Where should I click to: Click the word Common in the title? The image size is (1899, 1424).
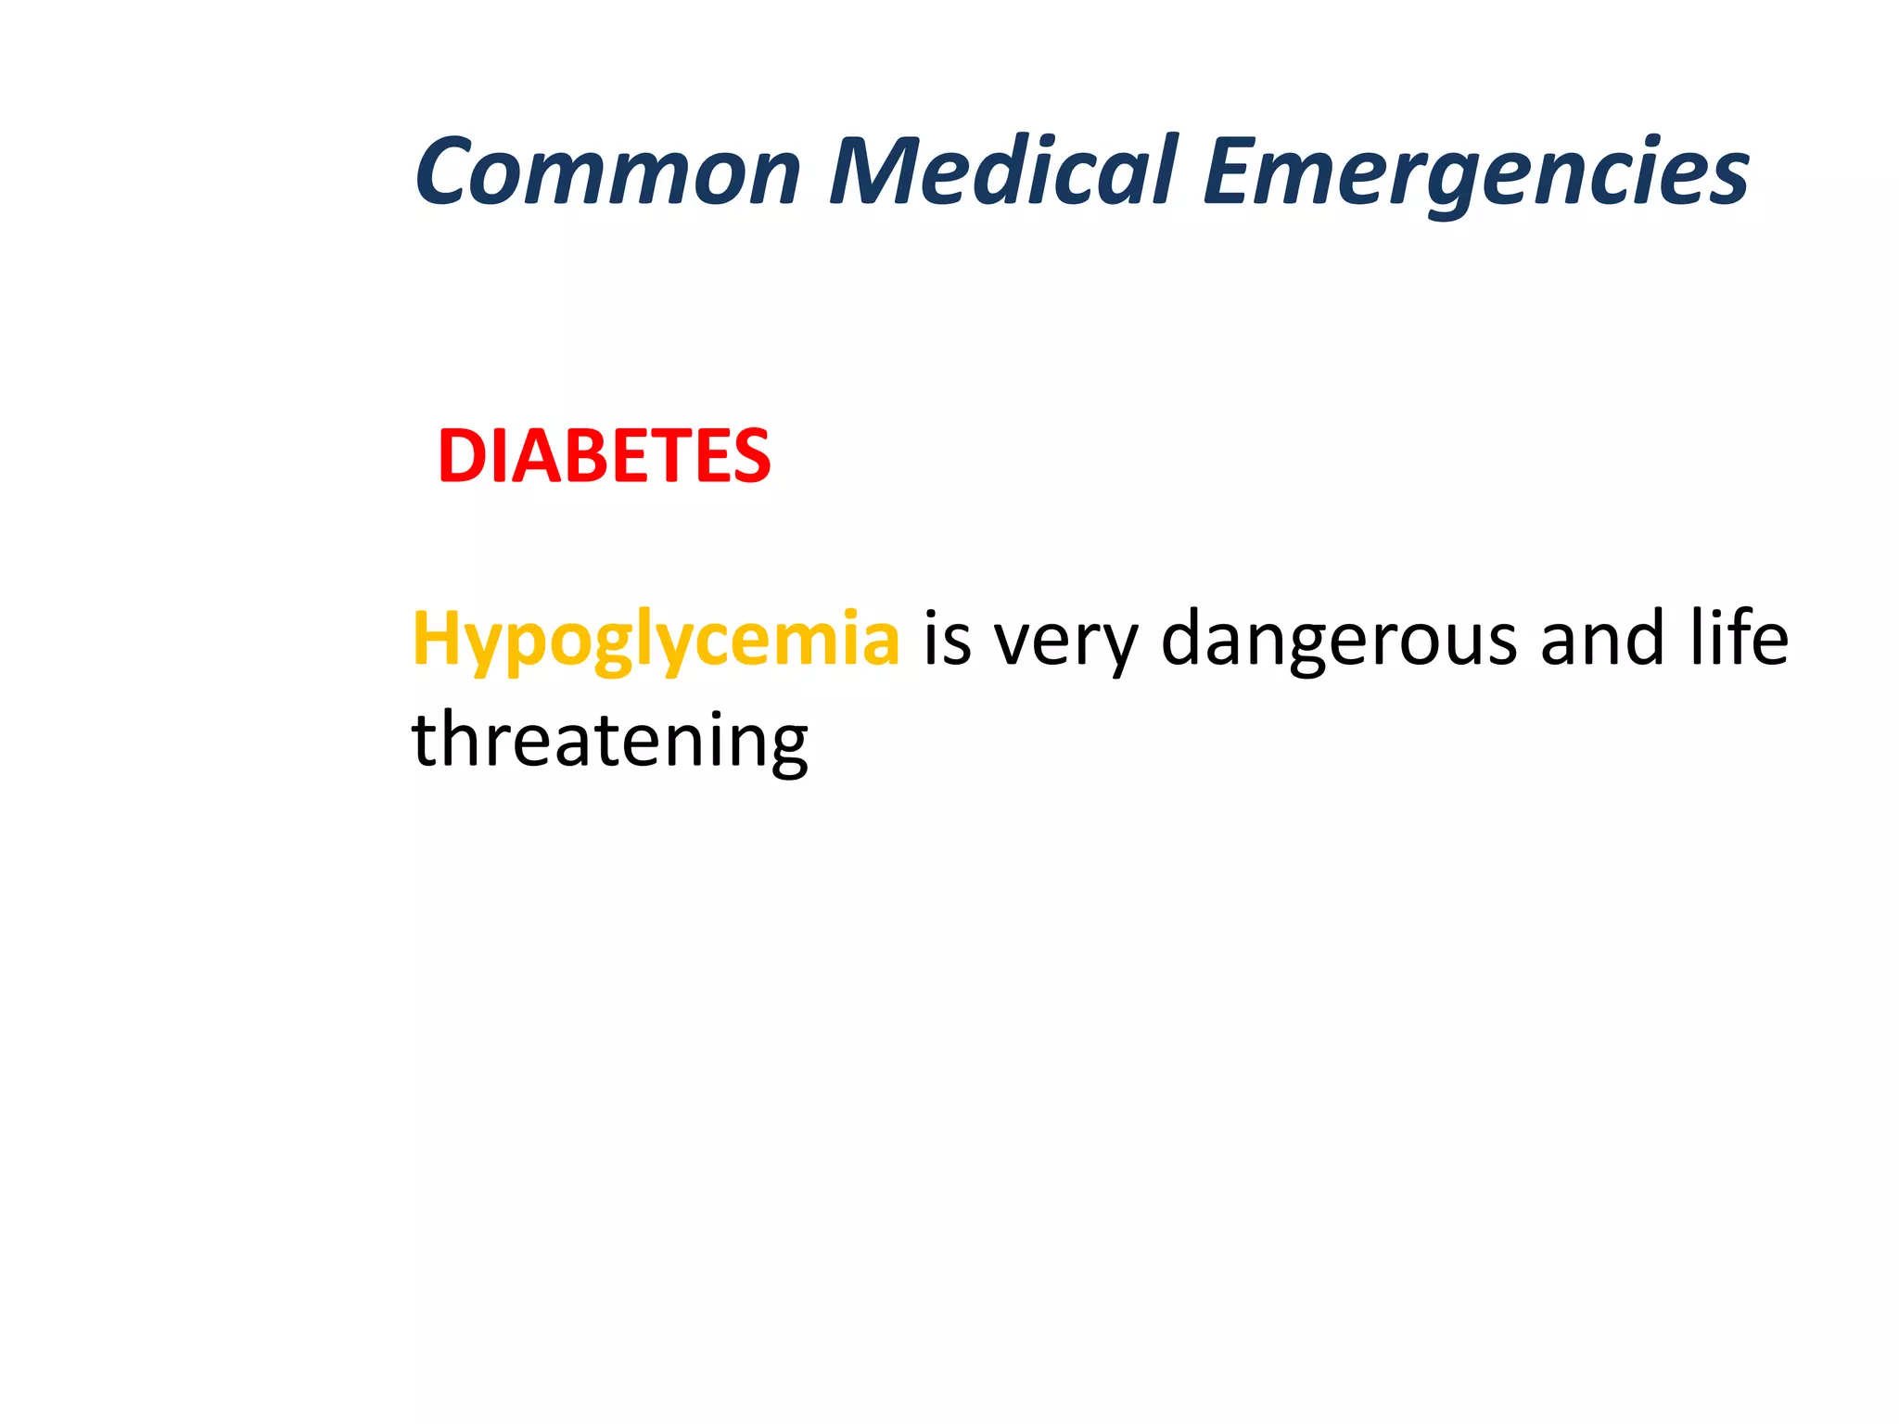coord(607,172)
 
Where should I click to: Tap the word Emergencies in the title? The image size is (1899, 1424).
coord(1475,172)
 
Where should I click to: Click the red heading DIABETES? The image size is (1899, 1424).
coord(604,456)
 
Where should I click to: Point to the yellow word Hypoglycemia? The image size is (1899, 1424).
coord(656,640)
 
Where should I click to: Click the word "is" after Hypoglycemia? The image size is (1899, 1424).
coord(947,640)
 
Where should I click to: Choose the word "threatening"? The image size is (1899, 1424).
coord(609,742)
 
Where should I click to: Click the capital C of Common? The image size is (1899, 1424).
coord(451,172)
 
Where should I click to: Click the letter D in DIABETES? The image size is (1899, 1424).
coord(463,456)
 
